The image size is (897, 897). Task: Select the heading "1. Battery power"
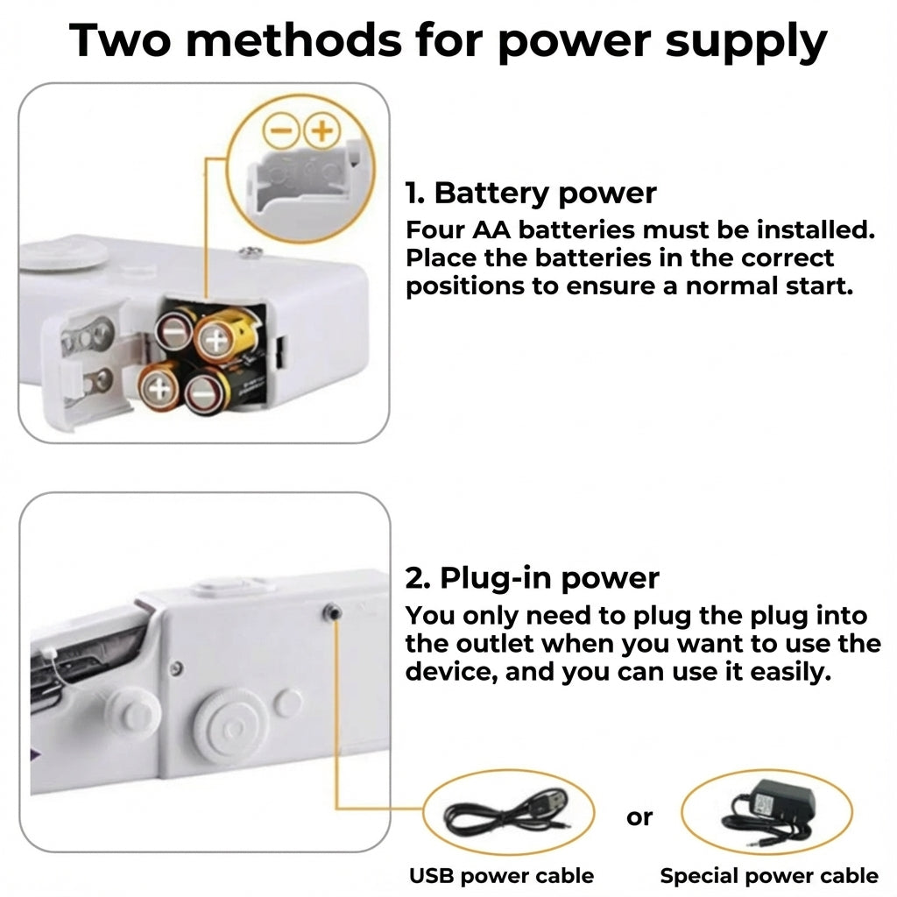pos(530,193)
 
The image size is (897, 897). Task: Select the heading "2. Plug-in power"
pos(532,578)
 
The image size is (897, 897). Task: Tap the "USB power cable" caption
pos(501,875)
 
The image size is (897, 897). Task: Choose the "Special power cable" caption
pos(768,875)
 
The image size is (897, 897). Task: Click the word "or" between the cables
pos(639,817)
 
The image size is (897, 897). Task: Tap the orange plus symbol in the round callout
pos(321,131)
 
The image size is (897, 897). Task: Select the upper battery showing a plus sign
pos(214,337)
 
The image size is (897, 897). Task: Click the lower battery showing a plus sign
pos(159,386)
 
